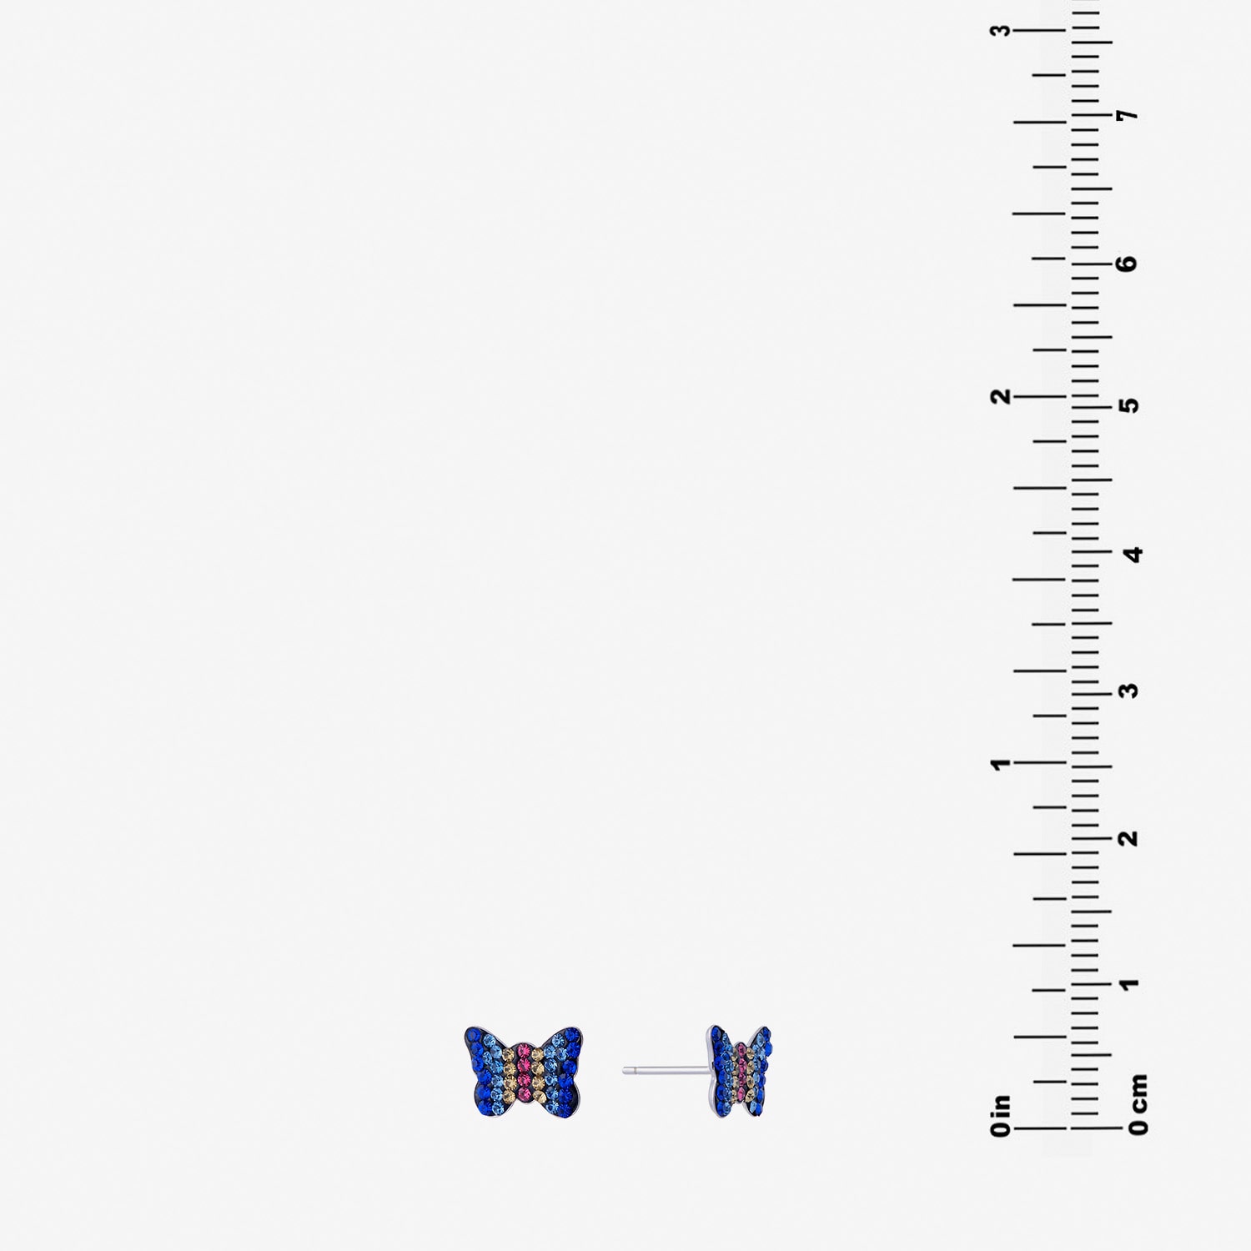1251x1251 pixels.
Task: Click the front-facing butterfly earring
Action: (x=523, y=1072)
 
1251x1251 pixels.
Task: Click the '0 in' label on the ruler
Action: (x=1001, y=1116)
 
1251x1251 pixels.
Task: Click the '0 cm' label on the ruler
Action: (x=1138, y=1105)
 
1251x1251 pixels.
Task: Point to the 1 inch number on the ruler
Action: (x=999, y=764)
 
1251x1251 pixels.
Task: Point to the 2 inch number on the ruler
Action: (x=1000, y=395)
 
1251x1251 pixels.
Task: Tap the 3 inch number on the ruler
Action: (x=1000, y=30)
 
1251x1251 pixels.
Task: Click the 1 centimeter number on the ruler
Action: (x=1131, y=984)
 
